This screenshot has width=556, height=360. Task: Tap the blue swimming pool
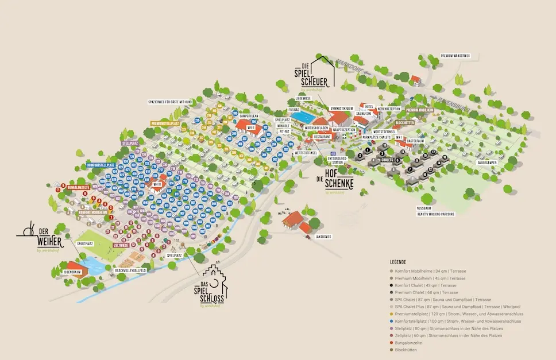300,118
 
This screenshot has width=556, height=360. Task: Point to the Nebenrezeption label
388,109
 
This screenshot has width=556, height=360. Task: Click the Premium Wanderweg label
455,56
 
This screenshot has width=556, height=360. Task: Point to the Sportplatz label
85,243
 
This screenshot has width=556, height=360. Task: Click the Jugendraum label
77,273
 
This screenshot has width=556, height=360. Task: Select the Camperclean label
249,115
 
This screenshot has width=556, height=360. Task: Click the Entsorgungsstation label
335,160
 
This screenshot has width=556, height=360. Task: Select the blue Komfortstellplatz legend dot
392,321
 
